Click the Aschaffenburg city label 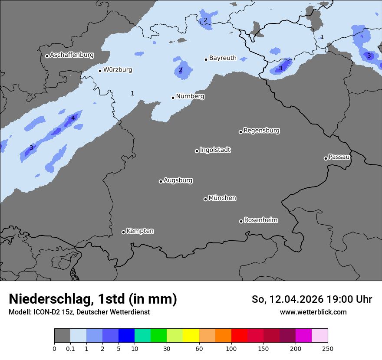[x=72, y=55]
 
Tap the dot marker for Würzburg [x=100, y=71]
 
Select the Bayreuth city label [x=223, y=58]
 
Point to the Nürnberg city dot [x=173, y=98]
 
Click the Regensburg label [x=261, y=130]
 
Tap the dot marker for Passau [x=326, y=158]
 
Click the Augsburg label [x=178, y=180]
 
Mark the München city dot [x=205, y=199]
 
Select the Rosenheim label [x=260, y=220]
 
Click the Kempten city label [x=140, y=231]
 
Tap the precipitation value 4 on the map [x=73, y=118]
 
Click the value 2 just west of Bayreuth [x=181, y=70]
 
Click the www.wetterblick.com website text [x=313, y=312]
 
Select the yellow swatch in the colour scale [x=191, y=336]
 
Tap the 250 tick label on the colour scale [x=328, y=348]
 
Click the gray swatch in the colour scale [x=62, y=336]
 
